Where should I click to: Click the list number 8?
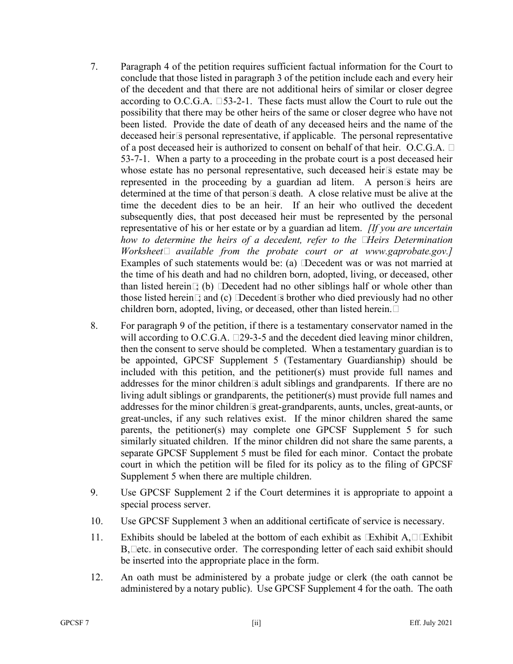pos(93,326)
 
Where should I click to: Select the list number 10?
pos(96,521)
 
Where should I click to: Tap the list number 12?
pos(96,578)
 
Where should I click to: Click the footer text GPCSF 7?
pos(75,623)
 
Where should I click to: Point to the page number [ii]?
pos(256,623)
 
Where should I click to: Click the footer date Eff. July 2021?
pos(430,623)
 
